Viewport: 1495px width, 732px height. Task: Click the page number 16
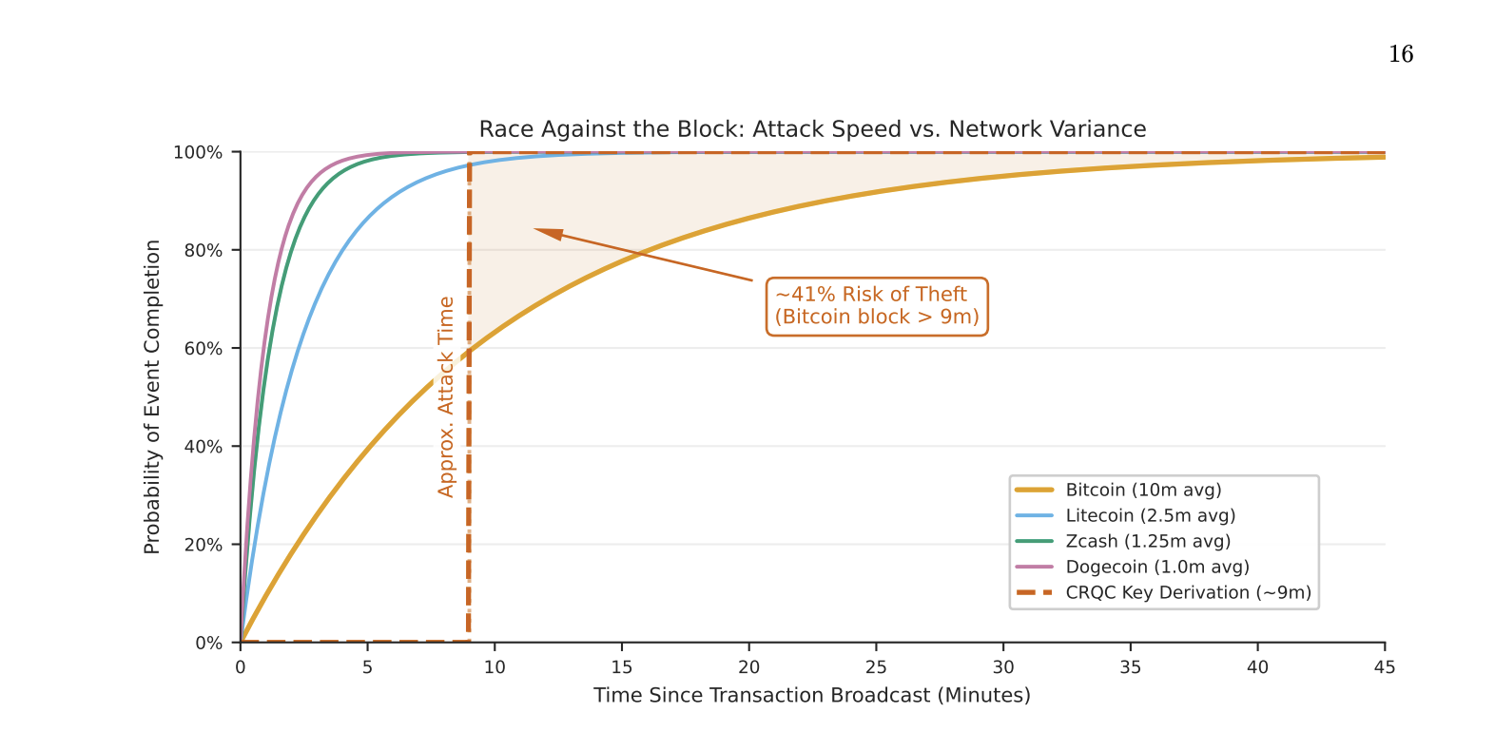pyautogui.click(x=1400, y=54)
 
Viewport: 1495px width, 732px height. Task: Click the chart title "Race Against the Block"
pyautogui.click(x=812, y=129)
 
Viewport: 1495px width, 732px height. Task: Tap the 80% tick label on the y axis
pyautogui.click(x=202, y=251)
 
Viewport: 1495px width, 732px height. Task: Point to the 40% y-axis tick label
pyautogui.click(x=202, y=447)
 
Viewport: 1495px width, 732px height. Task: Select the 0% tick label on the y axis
pyautogui.click(x=208, y=644)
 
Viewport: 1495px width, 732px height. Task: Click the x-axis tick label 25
pyautogui.click(x=876, y=667)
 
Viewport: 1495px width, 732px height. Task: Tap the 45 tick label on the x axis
pyautogui.click(x=1384, y=667)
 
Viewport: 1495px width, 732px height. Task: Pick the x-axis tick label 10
pyautogui.click(x=495, y=667)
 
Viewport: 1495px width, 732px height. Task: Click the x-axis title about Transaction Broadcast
pyautogui.click(x=812, y=695)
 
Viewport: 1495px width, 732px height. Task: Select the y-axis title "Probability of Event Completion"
pyautogui.click(x=152, y=396)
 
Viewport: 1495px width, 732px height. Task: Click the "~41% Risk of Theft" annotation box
pyautogui.click(x=877, y=306)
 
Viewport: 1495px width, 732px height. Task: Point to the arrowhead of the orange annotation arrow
pyautogui.click(x=540, y=230)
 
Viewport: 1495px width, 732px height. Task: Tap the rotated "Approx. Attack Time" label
pyautogui.click(x=446, y=396)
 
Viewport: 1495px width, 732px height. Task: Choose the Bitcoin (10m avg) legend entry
pyautogui.click(x=1142, y=490)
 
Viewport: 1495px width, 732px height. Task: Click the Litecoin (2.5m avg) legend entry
pyautogui.click(x=1150, y=515)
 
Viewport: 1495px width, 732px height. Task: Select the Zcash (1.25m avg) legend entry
pyautogui.click(x=1147, y=541)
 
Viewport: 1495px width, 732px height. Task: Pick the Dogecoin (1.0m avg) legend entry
pyautogui.click(x=1156, y=567)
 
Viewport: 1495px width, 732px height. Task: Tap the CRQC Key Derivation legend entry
pyautogui.click(x=1188, y=592)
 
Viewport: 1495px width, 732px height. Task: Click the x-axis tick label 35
pyautogui.click(x=1130, y=667)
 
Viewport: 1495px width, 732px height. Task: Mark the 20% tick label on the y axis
pyautogui.click(x=202, y=546)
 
